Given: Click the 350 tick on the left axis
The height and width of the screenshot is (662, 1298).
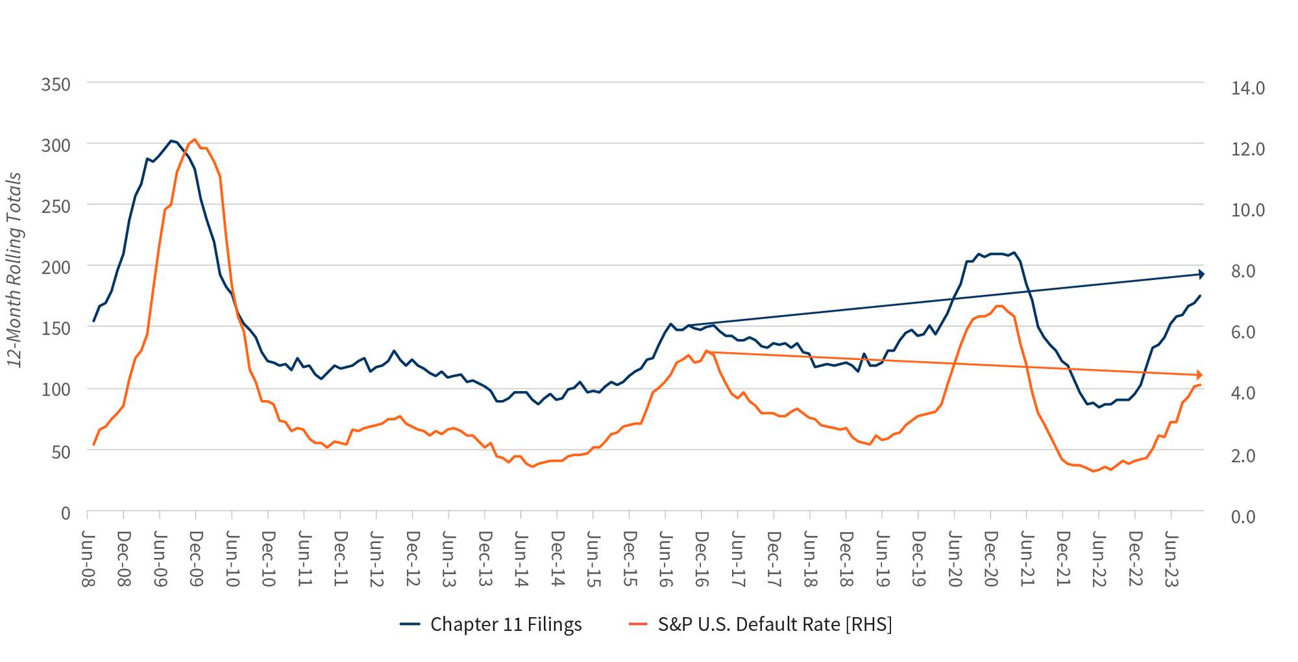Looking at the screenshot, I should tap(56, 85).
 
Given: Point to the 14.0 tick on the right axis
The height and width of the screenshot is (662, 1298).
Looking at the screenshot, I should tap(1247, 88).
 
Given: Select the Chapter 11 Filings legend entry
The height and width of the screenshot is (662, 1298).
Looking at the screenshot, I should tap(491, 624).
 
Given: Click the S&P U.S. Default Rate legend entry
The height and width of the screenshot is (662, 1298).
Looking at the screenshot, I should tap(761, 624).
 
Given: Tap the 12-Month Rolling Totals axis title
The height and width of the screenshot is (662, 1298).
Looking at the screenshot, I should tap(14, 270).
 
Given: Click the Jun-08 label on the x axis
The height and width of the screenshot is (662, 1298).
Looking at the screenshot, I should tap(88, 559).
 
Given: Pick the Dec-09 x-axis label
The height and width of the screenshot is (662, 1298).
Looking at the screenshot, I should tap(196, 559).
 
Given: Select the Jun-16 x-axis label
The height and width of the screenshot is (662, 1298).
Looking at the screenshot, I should tap(665, 559).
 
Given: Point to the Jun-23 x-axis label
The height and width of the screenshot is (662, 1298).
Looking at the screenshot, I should tap(1171, 559).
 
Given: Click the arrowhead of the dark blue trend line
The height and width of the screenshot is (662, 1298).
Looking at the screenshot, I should tap(1201, 275).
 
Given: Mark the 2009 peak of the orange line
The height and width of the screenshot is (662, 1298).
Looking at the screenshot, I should tap(195, 139).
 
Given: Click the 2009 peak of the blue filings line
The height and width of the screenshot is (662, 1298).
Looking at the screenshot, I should tap(171, 140).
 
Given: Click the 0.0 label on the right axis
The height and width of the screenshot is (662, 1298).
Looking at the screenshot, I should tap(1243, 517).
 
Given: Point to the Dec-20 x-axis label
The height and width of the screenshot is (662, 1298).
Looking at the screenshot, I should tap(990, 559).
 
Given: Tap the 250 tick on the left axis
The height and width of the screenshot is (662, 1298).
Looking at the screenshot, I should tap(56, 207).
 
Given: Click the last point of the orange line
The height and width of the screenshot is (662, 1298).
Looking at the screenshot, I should tap(1201, 385).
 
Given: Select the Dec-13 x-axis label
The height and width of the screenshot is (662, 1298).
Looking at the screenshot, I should tap(485, 559).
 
